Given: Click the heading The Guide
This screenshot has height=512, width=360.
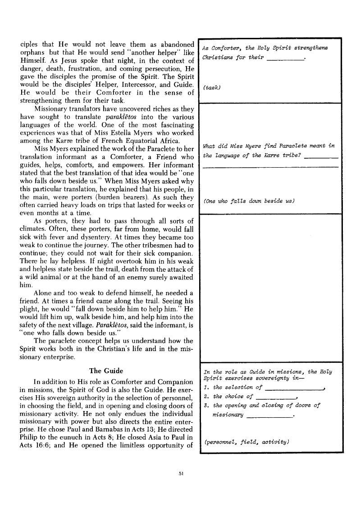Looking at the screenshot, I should [x=106, y=371].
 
